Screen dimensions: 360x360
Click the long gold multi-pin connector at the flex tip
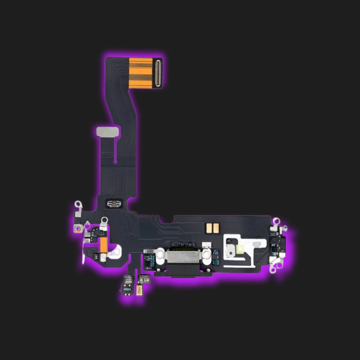point(157,73)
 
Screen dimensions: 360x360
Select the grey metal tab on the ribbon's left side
point(107,131)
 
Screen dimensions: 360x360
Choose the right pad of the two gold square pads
point(216,228)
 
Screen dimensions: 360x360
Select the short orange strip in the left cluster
point(103,245)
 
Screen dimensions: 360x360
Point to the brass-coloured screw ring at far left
point(79,229)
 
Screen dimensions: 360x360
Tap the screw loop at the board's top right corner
point(276,221)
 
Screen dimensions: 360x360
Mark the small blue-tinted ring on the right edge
point(285,229)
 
